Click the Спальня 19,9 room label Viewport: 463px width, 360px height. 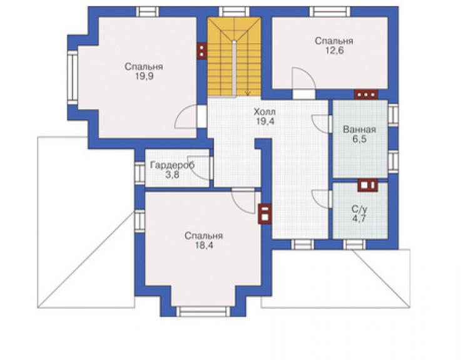coord(144,71)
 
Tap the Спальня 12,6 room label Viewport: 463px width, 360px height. coord(334,46)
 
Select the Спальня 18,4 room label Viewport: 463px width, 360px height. coord(204,240)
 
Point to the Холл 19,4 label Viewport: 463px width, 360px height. coord(265,116)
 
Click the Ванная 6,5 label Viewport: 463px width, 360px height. coord(359,134)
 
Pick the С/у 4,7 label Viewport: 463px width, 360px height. coord(359,213)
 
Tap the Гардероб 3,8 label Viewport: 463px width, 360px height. coord(172,170)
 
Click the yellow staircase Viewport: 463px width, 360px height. coord(234,56)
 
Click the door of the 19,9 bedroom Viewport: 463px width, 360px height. coord(186,116)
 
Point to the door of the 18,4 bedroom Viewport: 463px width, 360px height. coord(243,201)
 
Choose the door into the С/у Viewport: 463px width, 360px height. coord(321,200)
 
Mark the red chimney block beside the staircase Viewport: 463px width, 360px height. coord(201,51)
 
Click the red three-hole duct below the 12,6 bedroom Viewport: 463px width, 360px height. coord(366,95)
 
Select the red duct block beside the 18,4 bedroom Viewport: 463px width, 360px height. coord(265,214)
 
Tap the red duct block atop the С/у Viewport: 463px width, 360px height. coord(368,185)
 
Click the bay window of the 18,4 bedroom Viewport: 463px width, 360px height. coord(203,311)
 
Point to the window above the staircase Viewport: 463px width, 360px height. coord(234,12)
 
